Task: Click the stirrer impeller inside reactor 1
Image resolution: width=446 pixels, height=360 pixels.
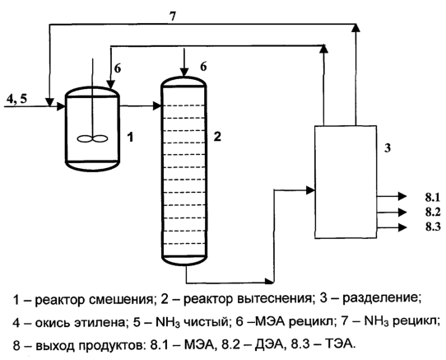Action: click(x=92, y=138)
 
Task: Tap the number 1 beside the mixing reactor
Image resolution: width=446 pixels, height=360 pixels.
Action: click(x=130, y=138)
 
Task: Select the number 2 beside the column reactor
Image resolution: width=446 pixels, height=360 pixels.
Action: click(x=217, y=137)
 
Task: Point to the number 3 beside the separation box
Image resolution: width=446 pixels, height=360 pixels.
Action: click(x=388, y=148)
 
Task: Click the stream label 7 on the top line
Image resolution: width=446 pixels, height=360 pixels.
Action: click(x=173, y=16)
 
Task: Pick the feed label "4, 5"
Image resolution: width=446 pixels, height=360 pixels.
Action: click(x=16, y=99)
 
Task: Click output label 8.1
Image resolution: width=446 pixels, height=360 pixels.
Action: click(x=433, y=197)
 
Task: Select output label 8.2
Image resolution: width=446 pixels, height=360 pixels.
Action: click(x=433, y=213)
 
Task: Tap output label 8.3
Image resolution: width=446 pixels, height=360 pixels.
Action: click(x=433, y=227)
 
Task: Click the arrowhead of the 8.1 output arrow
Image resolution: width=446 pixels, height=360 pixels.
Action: click(x=402, y=196)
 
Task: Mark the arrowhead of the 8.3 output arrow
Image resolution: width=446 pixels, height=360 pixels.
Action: click(x=402, y=227)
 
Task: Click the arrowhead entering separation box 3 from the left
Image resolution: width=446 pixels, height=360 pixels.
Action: click(x=310, y=190)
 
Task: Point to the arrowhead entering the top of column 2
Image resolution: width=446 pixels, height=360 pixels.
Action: click(x=184, y=72)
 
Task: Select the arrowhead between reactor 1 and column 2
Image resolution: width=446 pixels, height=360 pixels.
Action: click(x=157, y=106)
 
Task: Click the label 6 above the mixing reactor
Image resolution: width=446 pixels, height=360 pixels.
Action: click(x=118, y=68)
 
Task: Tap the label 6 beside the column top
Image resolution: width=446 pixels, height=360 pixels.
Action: click(x=203, y=67)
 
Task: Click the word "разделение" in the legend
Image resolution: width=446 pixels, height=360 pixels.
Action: click(x=382, y=299)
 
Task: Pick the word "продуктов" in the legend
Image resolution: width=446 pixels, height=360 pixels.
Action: click(x=109, y=346)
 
